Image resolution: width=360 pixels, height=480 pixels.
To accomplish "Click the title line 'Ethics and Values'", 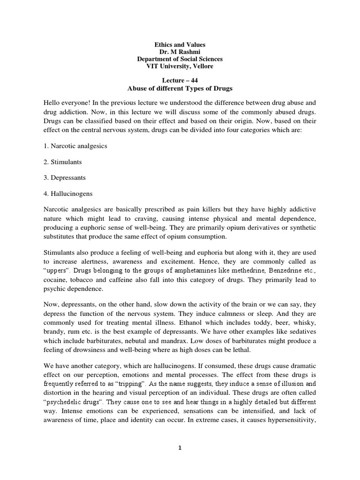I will click(180, 44).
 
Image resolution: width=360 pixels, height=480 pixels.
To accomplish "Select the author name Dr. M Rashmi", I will click(180, 52).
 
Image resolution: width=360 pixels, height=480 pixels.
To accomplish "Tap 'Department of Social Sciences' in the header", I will click(180, 59).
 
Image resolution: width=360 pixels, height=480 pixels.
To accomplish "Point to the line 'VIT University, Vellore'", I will click(180, 67).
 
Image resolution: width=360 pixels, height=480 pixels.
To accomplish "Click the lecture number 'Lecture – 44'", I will click(180, 81).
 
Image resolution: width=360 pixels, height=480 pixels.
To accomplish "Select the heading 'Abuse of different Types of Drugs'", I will click(180, 89).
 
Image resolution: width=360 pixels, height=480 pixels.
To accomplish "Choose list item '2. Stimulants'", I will click(63, 162).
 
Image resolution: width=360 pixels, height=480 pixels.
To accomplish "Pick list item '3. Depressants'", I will click(65, 178).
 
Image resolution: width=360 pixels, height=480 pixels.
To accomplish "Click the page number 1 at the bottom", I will click(180, 448).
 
